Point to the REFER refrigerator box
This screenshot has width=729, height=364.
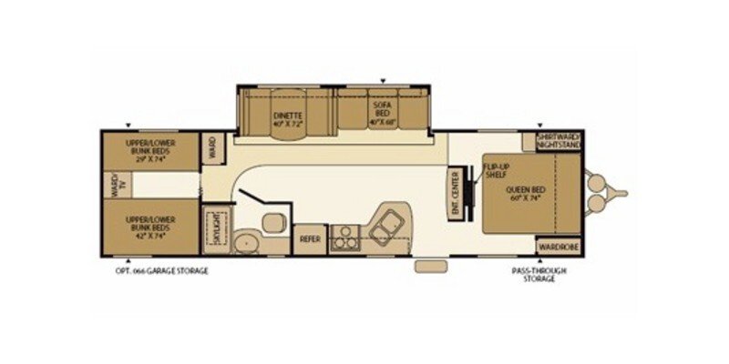(308, 238)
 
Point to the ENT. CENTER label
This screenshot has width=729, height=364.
(456, 188)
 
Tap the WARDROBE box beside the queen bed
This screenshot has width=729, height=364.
(556, 247)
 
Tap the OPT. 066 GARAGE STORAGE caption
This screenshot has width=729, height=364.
(156, 270)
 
